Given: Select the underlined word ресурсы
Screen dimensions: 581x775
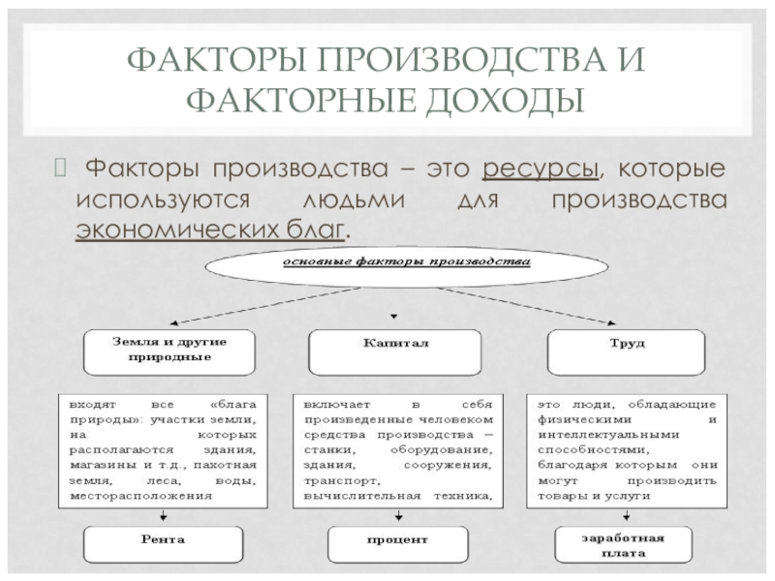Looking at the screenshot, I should [540, 170].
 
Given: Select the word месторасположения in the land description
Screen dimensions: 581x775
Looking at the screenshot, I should [140, 497].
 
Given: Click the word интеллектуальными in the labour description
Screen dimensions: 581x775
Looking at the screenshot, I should [602, 437].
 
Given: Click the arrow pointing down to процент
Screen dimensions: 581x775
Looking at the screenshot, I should [394, 516].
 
